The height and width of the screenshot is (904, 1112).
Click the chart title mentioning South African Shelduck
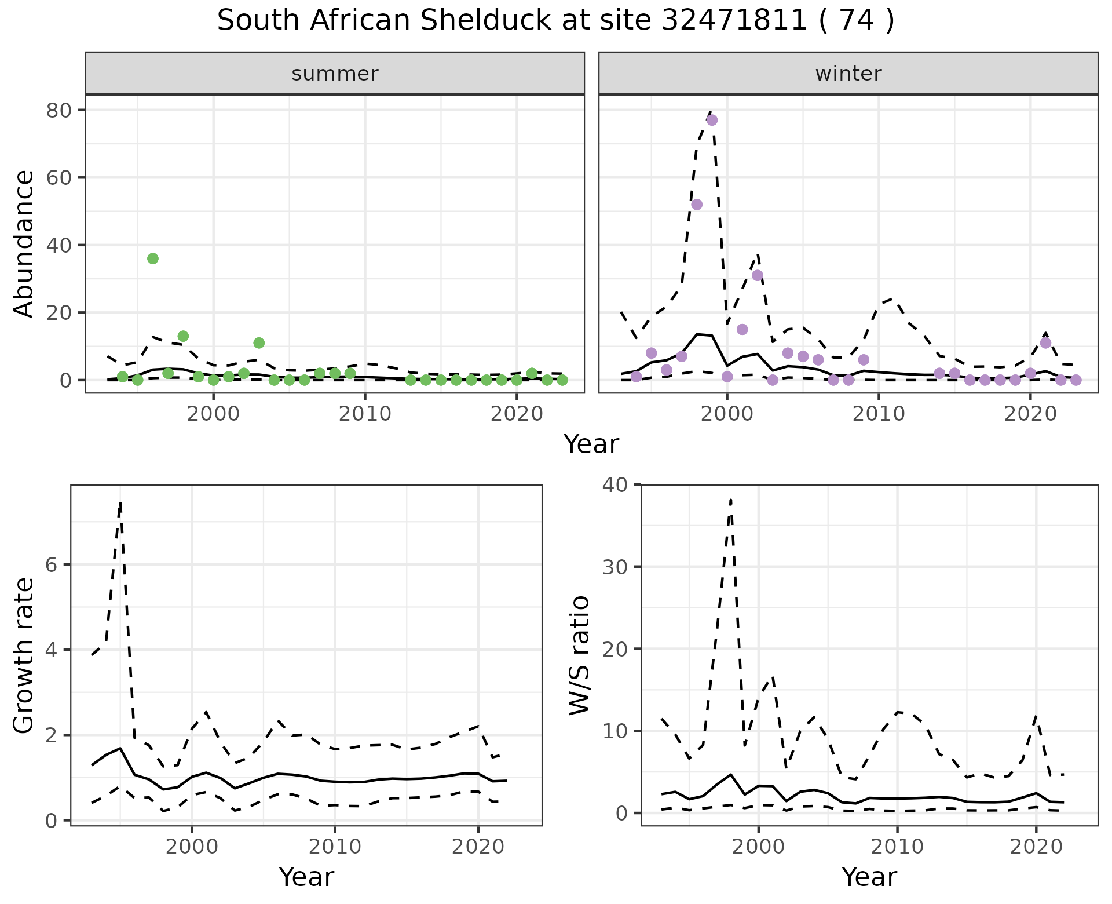pyautogui.click(x=555, y=21)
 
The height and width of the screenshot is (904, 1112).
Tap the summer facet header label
pyautogui.click(x=335, y=74)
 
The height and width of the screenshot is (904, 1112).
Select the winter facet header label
pyautogui.click(x=848, y=74)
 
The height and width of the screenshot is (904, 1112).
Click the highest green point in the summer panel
pyautogui.click(x=153, y=258)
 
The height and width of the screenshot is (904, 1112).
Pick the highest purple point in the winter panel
pyautogui.click(x=712, y=120)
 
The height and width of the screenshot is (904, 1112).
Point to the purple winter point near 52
pyautogui.click(x=697, y=205)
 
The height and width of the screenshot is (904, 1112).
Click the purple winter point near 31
pyautogui.click(x=758, y=275)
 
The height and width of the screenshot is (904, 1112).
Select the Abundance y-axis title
pyautogui.click(x=24, y=243)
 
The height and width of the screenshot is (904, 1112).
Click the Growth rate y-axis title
pyautogui.click(x=24, y=655)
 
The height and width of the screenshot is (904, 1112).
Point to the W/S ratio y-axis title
pyautogui.click(x=579, y=655)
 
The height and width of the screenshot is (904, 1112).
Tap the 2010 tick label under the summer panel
pyautogui.click(x=365, y=414)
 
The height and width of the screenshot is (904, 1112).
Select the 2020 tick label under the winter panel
pyautogui.click(x=1030, y=414)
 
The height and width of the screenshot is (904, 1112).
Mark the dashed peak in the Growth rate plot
pyautogui.click(x=120, y=503)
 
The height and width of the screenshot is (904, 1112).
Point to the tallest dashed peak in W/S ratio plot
pyautogui.click(x=731, y=499)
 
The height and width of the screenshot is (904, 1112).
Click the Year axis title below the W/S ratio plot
pyautogui.click(x=869, y=877)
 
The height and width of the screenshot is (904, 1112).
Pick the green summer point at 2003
pyautogui.click(x=259, y=343)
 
